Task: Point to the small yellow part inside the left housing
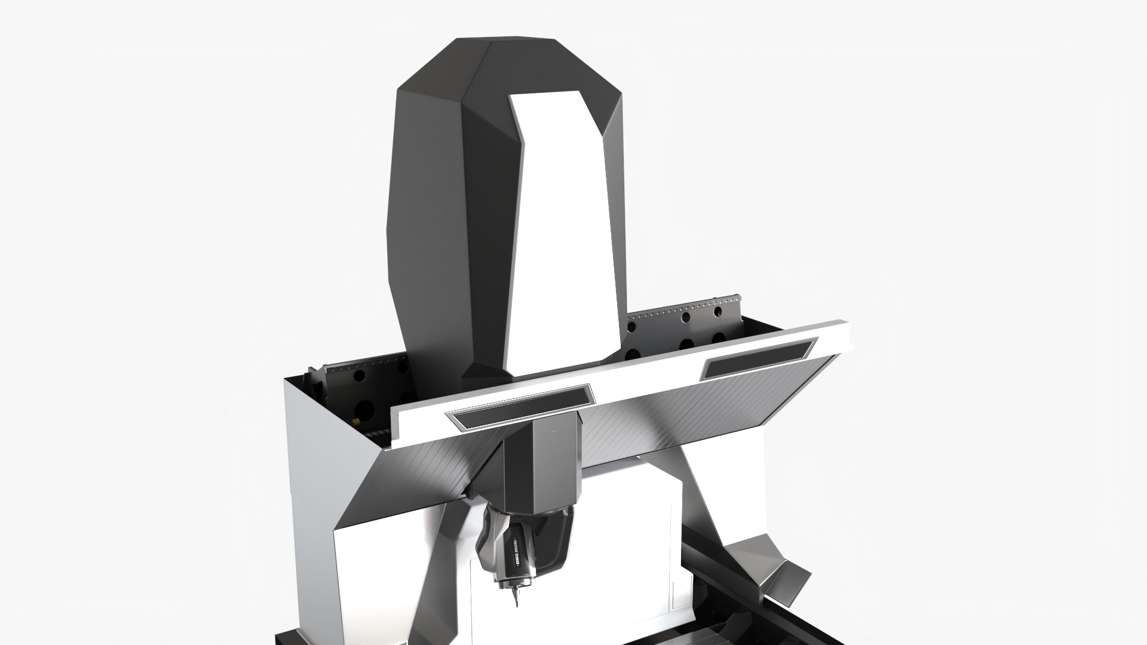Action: pos(357,420)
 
